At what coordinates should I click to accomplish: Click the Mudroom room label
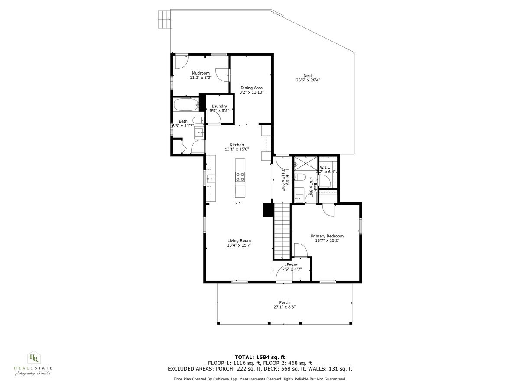tap(201, 73)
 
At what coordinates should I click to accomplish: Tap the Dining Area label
tap(251, 88)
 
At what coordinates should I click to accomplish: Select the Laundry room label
tap(219, 106)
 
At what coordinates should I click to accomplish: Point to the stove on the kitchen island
tap(240, 176)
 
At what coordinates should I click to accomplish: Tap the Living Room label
tap(239, 241)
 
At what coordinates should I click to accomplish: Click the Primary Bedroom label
tap(327, 236)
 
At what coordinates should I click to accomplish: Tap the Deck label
tap(308, 76)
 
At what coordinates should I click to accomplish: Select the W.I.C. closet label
tap(326, 167)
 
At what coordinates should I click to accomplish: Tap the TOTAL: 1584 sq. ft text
tap(260, 357)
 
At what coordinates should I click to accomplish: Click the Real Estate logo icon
tap(33, 357)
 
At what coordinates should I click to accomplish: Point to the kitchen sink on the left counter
tap(210, 178)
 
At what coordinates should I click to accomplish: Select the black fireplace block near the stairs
tap(267, 210)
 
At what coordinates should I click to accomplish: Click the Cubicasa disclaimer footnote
tap(260, 379)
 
